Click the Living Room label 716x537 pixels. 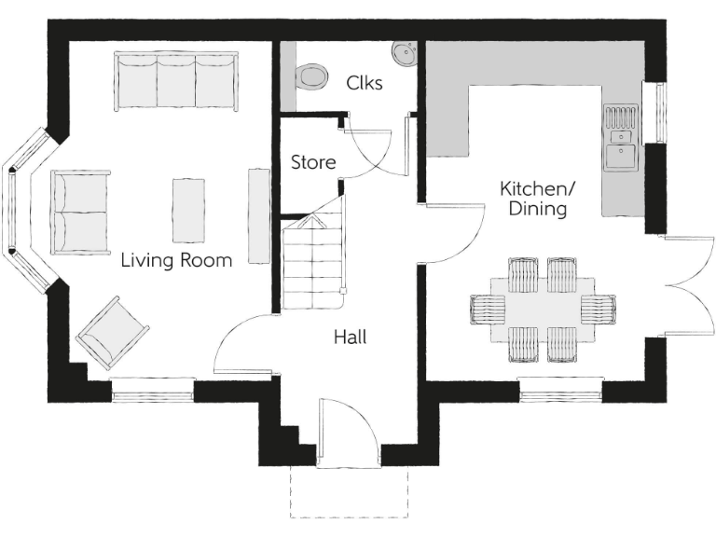[176, 260]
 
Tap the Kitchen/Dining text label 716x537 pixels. [537, 199]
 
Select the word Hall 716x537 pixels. [350, 337]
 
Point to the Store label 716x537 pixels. [313, 162]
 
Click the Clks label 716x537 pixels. [364, 82]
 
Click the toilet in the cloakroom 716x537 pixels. [310, 76]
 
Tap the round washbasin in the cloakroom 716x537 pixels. [404, 53]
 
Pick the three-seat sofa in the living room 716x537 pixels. [176, 81]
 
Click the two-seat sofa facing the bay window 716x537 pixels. [79, 213]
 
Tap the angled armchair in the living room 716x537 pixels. [113, 332]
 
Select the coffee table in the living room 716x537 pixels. [188, 209]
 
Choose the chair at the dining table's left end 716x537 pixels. [487, 309]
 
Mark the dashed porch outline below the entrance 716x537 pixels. [349, 494]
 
